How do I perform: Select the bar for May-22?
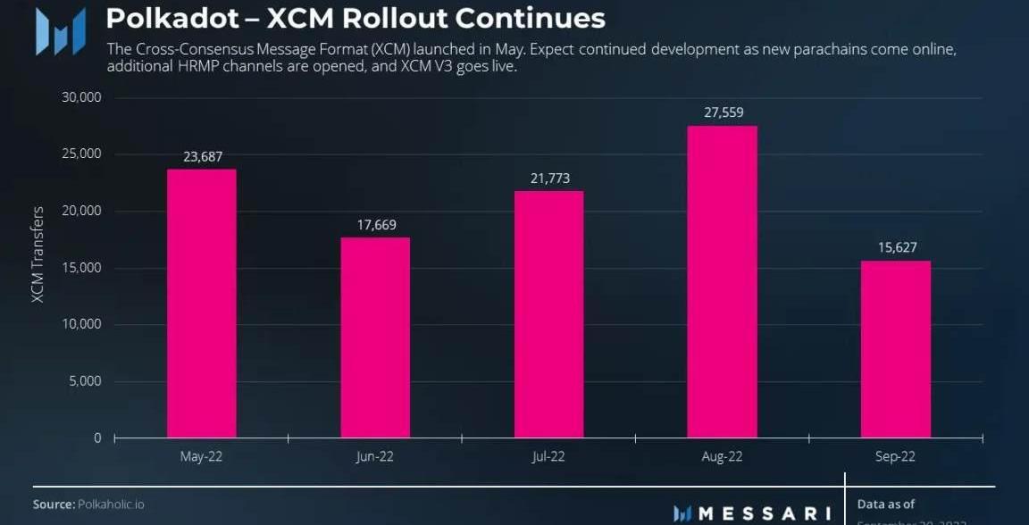[201, 304]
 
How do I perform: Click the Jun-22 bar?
[375, 337]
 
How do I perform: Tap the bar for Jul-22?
[548, 314]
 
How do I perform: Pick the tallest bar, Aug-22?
[723, 282]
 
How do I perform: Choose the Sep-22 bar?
[896, 349]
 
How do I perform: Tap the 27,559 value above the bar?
[723, 112]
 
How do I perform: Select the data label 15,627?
[896, 247]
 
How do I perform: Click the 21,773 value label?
[548, 179]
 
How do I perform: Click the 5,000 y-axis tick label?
[87, 381]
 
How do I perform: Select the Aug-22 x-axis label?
[723, 457]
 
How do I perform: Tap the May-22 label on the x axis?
[201, 457]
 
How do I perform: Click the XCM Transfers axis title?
[38, 254]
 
